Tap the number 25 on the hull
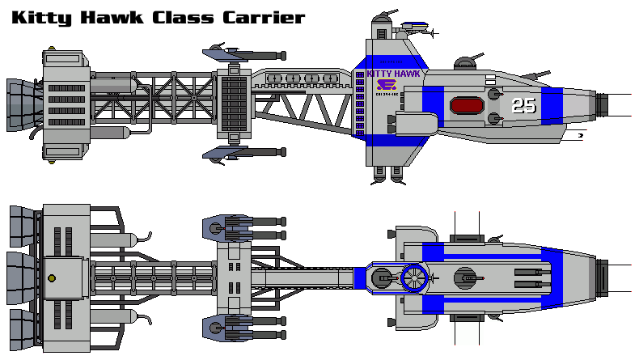tap(523, 105)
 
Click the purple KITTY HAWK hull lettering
tap(394, 74)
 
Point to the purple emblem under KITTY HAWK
tap(388, 86)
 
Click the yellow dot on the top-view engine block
tap(52, 278)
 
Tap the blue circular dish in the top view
tap(413, 278)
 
